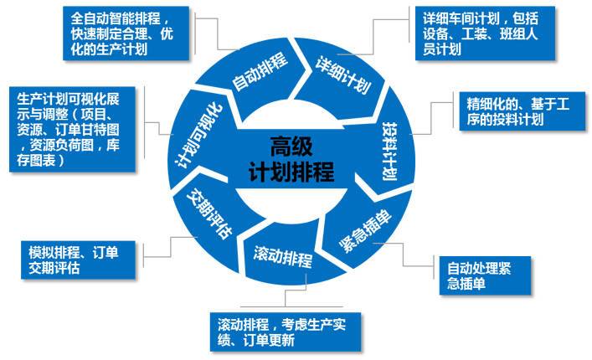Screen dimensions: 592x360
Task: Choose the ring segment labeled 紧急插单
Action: [363, 230]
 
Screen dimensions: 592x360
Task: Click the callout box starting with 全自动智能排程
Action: [126, 33]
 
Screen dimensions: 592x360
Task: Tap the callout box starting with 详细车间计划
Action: [485, 33]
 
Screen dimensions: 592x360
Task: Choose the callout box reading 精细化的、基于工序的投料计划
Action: [523, 111]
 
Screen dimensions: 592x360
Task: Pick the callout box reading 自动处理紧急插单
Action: [485, 275]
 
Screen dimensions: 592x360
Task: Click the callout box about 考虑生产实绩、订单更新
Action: [286, 332]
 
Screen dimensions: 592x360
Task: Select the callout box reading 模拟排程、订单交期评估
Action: [78, 260]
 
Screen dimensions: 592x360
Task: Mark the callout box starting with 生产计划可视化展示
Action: [72, 130]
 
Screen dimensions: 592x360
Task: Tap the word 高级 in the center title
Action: [291, 147]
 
